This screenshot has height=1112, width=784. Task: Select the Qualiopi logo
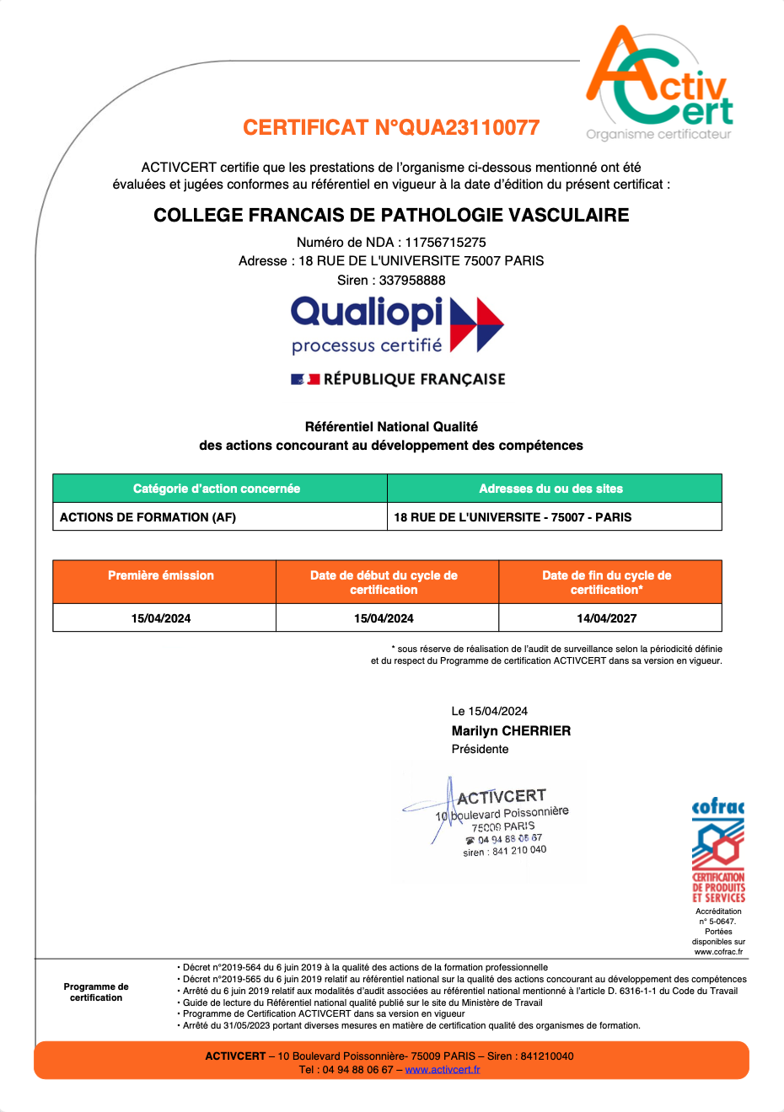(396, 323)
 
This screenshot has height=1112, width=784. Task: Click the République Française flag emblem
(305, 379)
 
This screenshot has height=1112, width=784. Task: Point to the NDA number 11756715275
(445, 242)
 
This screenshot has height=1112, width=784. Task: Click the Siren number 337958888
(412, 280)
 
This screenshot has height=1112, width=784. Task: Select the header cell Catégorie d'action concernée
(217, 489)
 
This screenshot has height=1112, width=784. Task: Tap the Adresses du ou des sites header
(550, 489)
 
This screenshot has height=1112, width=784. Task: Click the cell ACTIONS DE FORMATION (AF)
(148, 517)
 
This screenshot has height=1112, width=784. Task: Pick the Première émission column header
(161, 575)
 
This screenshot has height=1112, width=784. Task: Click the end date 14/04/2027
(607, 618)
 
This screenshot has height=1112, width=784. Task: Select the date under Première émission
(161, 618)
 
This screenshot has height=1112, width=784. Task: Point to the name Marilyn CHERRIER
(511, 730)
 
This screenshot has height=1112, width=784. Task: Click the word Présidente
(480, 749)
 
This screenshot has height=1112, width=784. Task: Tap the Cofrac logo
(718, 851)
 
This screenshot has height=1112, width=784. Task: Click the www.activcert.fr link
(443, 1070)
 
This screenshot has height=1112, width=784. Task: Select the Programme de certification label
(96, 992)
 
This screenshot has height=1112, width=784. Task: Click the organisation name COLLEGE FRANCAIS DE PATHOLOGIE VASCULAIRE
(391, 215)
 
